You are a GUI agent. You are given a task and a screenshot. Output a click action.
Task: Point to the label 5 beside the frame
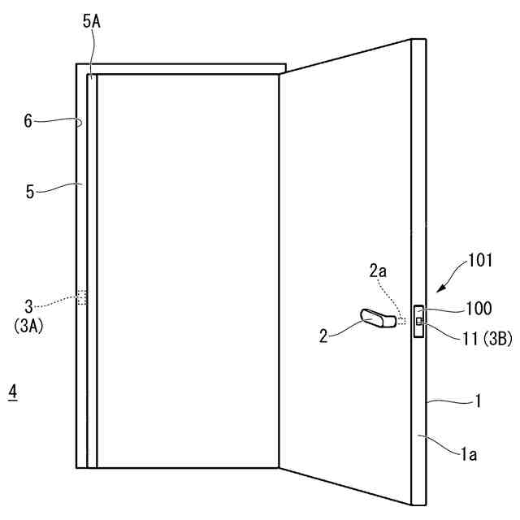(30, 192)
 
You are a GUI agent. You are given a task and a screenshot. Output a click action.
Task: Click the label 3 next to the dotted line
(28, 305)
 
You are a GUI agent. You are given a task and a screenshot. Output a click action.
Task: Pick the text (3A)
(30, 323)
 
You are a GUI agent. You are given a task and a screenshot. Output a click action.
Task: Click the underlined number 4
(11, 391)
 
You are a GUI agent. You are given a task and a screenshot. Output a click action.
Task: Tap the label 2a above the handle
(379, 272)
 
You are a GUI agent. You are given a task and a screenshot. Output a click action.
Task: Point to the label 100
(479, 308)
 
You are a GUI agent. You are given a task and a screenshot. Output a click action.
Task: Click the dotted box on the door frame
(81, 297)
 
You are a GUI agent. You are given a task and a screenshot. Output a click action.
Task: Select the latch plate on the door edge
(418, 322)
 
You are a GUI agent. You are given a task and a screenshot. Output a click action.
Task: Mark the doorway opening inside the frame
(187, 268)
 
